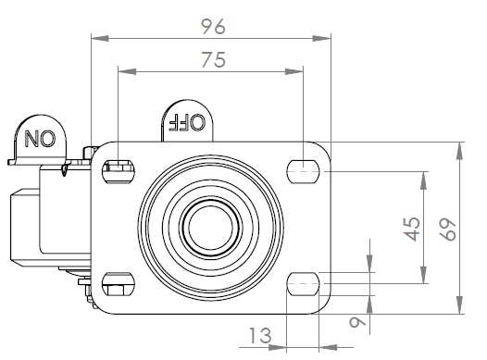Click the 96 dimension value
point(213,27)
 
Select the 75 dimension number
point(213,60)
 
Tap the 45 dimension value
point(413,229)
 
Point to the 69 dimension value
point(447,230)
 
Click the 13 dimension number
point(260,335)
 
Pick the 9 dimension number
point(357,321)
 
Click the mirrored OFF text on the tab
point(187,121)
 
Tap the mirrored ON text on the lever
point(40,139)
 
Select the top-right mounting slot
point(304,171)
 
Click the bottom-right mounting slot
point(303,284)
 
